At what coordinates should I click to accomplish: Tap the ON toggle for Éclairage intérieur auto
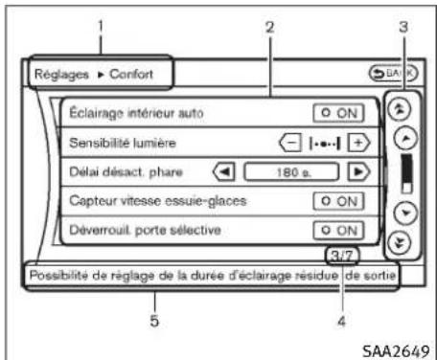pos(340,113)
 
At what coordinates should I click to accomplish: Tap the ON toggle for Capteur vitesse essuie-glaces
pos(340,202)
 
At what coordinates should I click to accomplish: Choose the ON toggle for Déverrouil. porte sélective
pos(340,231)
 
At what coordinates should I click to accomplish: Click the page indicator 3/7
pos(338,256)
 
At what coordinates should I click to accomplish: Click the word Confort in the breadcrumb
pos(144,73)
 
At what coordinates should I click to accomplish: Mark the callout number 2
pos(270,27)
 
